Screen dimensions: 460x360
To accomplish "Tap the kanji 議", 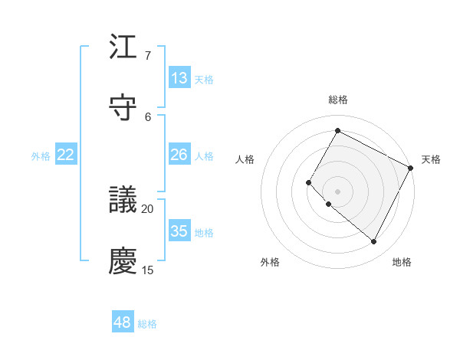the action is (x=123, y=200).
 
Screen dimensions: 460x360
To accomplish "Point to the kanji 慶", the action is (x=123, y=260).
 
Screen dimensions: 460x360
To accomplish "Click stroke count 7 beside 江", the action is (x=147, y=56).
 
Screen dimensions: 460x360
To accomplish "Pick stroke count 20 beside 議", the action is (x=147, y=208).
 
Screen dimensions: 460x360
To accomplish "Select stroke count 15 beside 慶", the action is (x=147, y=270).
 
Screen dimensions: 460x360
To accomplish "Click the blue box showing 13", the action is (x=179, y=78).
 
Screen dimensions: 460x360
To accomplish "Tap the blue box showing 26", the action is (x=179, y=155).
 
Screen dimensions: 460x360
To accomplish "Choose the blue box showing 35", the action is (x=179, y=231).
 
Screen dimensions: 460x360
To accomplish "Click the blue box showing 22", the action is (x=66, y=155).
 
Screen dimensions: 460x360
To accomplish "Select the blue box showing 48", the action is (x=123, y=322).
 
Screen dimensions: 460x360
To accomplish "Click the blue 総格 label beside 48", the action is (x=147, y=324).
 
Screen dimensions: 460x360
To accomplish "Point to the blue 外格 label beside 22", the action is (x=41, y=156).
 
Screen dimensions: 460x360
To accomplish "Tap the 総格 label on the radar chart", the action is (x=337, y=100).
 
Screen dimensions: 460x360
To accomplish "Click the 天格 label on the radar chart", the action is (x=431, y=159).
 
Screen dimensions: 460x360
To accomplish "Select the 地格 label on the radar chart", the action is (x=402, y=262).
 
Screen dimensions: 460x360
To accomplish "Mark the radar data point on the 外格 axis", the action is (x=328, y=204).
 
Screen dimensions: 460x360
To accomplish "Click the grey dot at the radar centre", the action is (x=337, y=191).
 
